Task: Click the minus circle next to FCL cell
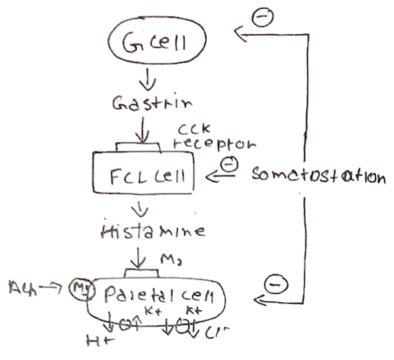229,165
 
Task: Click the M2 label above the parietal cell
171,259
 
